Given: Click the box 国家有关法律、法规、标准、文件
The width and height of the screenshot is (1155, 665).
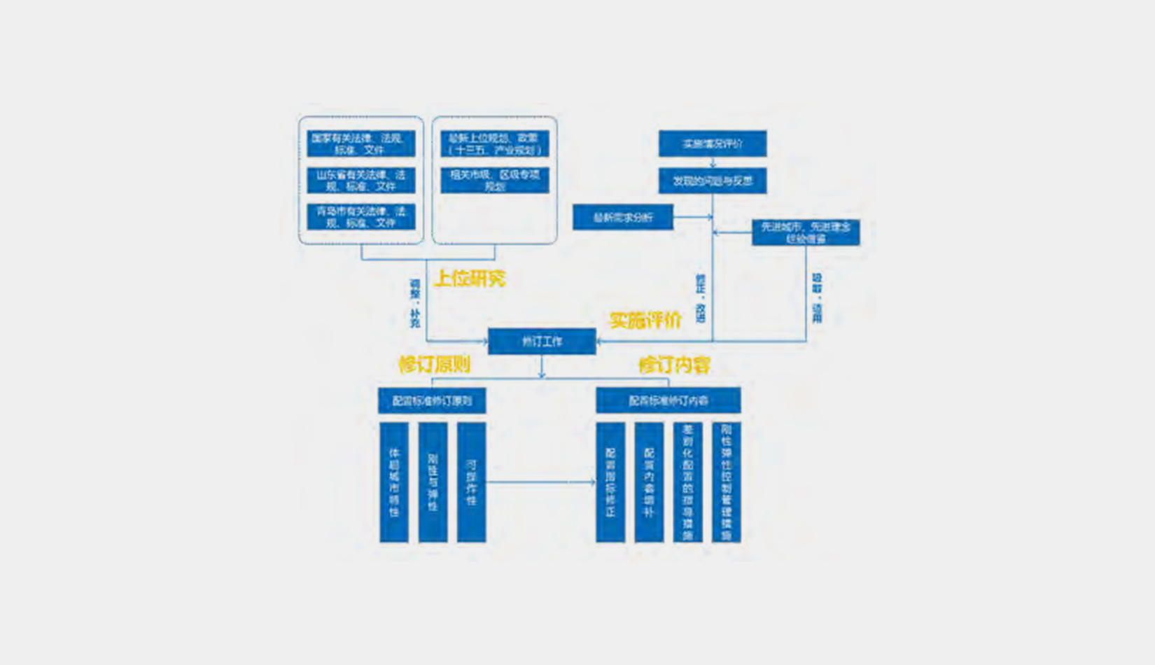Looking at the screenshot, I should point(360,143).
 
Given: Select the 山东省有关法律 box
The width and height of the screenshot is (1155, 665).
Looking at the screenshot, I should point(360,181).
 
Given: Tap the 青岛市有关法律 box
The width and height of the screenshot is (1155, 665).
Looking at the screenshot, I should point(360,217).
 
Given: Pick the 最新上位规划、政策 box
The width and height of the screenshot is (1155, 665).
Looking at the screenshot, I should point(494,143).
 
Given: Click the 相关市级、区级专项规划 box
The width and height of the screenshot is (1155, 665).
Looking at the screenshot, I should point(494,181).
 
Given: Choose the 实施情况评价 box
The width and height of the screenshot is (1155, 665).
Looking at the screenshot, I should point(712,143).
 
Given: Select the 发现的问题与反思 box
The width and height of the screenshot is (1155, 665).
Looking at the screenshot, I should point(712,181).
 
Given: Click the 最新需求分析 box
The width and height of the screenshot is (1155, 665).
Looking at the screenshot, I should point(622,217).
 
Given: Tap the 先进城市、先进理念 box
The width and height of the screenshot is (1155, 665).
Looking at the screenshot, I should point(805,232).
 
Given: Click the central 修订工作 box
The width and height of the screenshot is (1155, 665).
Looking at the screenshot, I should point(542,342).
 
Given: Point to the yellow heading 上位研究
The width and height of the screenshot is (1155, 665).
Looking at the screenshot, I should point(470,279).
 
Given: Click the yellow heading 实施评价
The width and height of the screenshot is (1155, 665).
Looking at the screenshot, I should point(645,321).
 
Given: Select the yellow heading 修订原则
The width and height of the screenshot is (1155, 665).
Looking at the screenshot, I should point(434,365).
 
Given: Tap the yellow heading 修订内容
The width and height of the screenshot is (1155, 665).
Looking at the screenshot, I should point(674,365).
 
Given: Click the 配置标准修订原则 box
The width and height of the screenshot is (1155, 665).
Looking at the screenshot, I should point(431,401).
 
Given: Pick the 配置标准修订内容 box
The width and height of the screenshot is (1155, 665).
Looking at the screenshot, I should point(668,401).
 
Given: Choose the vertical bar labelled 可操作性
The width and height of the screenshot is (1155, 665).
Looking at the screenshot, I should point(471,482).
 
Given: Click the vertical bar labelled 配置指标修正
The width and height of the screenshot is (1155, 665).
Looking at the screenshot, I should point(610,482).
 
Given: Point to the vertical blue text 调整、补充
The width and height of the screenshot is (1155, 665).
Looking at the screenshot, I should point(414,303).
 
